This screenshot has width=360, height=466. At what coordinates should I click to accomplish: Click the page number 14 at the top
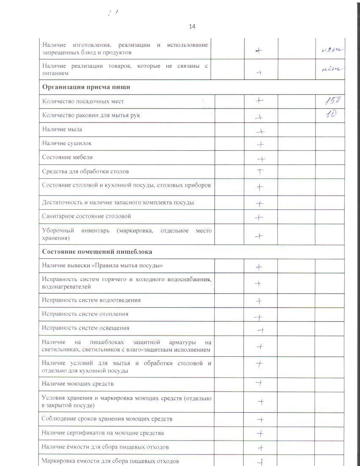192,26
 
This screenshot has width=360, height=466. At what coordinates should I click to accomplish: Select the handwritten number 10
331,114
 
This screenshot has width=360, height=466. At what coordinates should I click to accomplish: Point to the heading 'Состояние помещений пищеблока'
97,252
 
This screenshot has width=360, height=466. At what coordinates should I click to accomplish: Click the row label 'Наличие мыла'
62,129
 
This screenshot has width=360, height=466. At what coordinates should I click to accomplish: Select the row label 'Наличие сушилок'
67,143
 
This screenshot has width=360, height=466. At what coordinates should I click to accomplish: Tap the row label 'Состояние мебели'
67,157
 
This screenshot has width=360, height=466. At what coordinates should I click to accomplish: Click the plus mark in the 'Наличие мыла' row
260,131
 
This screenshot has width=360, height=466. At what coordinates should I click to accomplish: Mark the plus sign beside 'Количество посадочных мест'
260,101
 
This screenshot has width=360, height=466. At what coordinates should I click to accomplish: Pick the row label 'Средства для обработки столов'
86,172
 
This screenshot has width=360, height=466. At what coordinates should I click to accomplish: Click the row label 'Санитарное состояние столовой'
86,216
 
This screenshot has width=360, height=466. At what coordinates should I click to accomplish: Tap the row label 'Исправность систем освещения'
86,328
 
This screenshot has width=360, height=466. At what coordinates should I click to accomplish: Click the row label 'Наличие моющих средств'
78,384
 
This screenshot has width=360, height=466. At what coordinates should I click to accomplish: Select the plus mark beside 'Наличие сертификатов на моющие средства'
260,433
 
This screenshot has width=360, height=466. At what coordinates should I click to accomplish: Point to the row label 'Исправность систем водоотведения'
91,300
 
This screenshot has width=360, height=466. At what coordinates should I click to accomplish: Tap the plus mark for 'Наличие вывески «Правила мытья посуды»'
259,267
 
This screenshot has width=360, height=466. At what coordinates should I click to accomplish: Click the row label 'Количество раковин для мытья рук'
91,115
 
